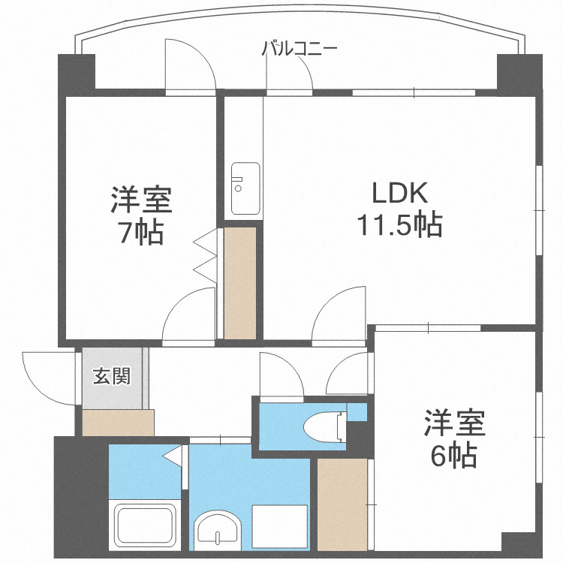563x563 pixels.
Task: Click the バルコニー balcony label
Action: click(x=300, y=50)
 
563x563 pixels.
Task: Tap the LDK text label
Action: click(x=400, y=194)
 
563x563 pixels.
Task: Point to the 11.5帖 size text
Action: click(x=400, y=224)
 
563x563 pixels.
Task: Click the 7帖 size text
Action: click(x=143, y=233)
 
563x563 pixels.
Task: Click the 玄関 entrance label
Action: click(x=111, y=375)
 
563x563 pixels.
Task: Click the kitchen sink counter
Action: click(x=245, y=188)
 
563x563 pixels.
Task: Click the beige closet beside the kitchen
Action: click(x=241, y=281)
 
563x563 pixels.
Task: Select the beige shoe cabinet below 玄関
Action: click(x=118, y=423)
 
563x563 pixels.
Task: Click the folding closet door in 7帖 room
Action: click(x=206, y=259)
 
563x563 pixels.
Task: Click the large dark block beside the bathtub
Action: click(x=79, y=495)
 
